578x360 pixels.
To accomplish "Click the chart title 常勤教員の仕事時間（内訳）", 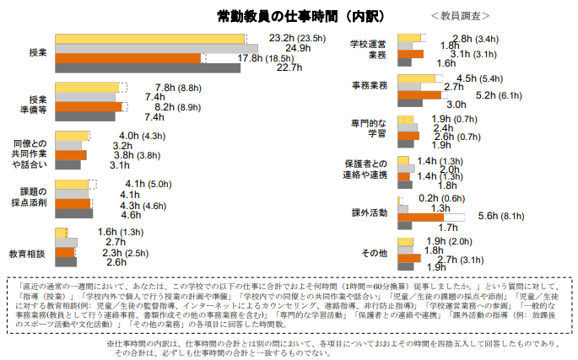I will coord(289,15).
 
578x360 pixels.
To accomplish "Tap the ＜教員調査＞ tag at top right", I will coord(459,16).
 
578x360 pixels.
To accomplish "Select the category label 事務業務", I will coord(369,86).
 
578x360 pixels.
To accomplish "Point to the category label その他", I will coord(373,253).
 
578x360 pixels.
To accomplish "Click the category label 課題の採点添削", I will coord(30,197).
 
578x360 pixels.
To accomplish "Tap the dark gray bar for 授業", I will coord(148,68).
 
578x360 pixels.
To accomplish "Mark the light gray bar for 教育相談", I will coord(66,242).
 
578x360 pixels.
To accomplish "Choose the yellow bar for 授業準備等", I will coord(87,88).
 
